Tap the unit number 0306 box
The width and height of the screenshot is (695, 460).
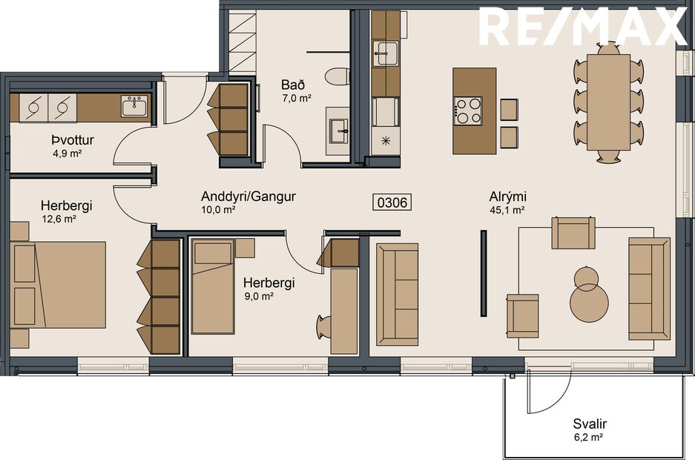pyautogui.click(x=392, y=202)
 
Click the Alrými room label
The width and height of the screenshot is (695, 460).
pyautogui.click(x=507, y=197)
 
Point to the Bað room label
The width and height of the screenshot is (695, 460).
pyautogui.click(x=292, y=85)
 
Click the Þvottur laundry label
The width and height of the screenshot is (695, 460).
pyautogui.click(x=72, y=140)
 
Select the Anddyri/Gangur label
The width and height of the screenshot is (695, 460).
pyautogui.click(x=248, y=197)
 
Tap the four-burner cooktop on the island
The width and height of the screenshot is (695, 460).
pyautogui.click(x=468, y=111)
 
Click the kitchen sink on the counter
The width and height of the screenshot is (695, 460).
pyautogui.click(x=386, y=52)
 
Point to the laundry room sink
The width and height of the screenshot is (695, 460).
pyautogui.click(x=135, y=105)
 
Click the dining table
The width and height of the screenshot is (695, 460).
pyautogui.click(x=608, y=101)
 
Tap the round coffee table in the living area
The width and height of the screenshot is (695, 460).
pyautogui.click(x=589, y=297)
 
